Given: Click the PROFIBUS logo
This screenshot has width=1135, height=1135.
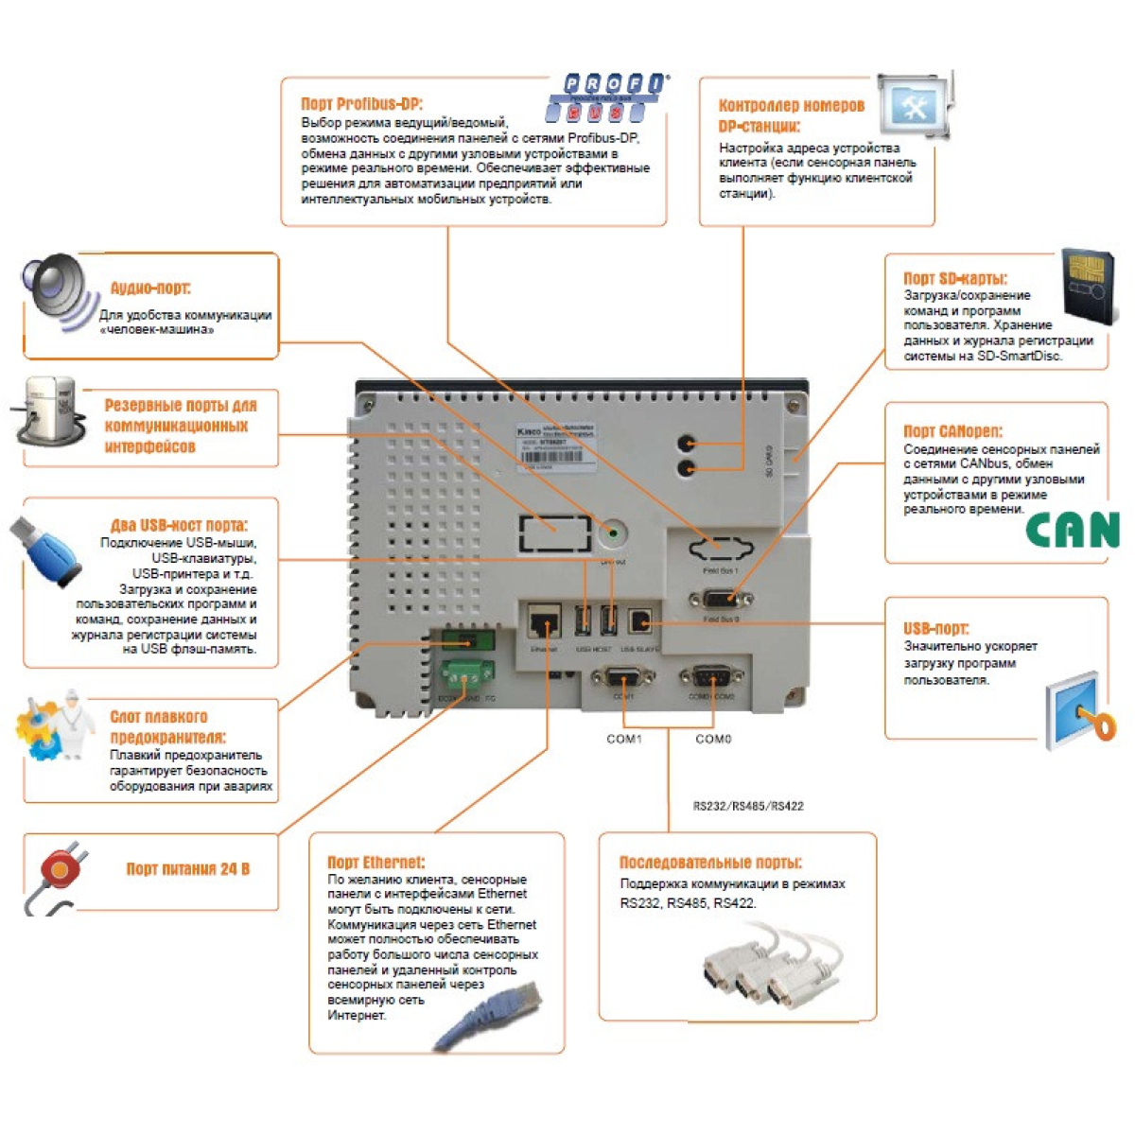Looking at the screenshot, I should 606,97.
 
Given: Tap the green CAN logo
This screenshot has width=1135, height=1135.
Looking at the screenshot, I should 1073,530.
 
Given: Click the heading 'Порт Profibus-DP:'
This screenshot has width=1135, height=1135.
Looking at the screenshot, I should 361,104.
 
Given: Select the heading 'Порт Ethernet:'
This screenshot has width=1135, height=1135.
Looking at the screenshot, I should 375,862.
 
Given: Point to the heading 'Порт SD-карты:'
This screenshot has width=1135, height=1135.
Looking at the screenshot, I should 954,278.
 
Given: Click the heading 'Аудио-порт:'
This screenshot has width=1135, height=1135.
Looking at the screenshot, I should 150,288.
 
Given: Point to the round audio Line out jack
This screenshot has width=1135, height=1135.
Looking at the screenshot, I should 613,535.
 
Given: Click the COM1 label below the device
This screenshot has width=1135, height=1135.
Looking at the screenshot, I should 623,739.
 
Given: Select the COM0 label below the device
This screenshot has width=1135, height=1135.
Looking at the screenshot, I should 713,739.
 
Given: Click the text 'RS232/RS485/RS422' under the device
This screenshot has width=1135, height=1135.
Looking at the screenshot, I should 748,806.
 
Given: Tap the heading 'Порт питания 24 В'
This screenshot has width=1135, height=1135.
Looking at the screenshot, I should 187,868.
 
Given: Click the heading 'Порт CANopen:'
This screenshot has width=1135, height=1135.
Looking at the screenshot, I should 952,431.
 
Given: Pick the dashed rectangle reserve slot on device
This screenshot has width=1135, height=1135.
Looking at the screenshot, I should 554,533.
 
